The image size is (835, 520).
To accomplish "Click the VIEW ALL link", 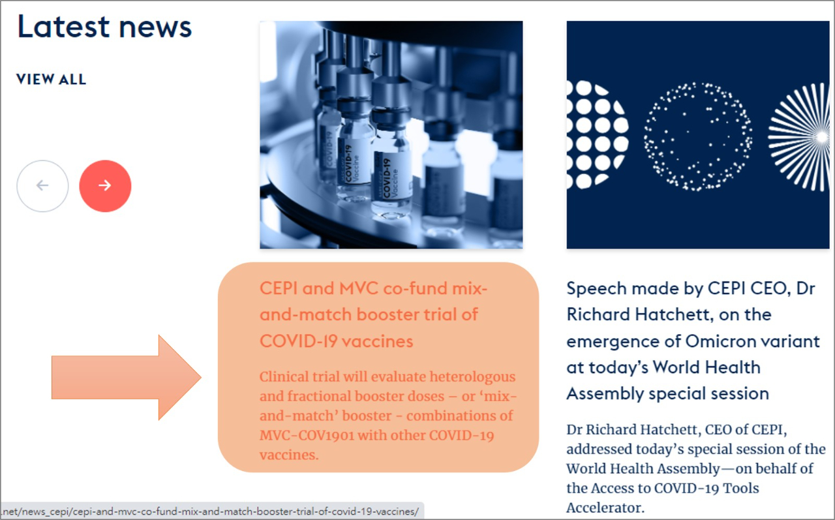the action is [51, 80].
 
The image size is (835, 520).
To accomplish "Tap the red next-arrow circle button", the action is [105, 186].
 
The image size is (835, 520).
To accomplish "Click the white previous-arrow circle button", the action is [42, 186].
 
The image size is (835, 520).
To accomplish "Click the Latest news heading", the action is [104, 27].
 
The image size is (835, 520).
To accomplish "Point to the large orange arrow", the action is [127, 377].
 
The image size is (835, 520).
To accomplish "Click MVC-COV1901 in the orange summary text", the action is [307, 435].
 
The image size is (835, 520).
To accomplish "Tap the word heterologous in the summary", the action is [473, 377].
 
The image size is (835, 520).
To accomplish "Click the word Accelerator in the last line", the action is [605, 508].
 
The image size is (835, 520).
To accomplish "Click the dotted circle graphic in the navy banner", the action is [698, 136].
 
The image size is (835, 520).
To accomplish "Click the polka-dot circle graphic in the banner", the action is [597, 135].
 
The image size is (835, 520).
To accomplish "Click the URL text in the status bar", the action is [210, 512].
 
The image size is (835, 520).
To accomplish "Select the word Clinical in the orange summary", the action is [286, 376].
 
